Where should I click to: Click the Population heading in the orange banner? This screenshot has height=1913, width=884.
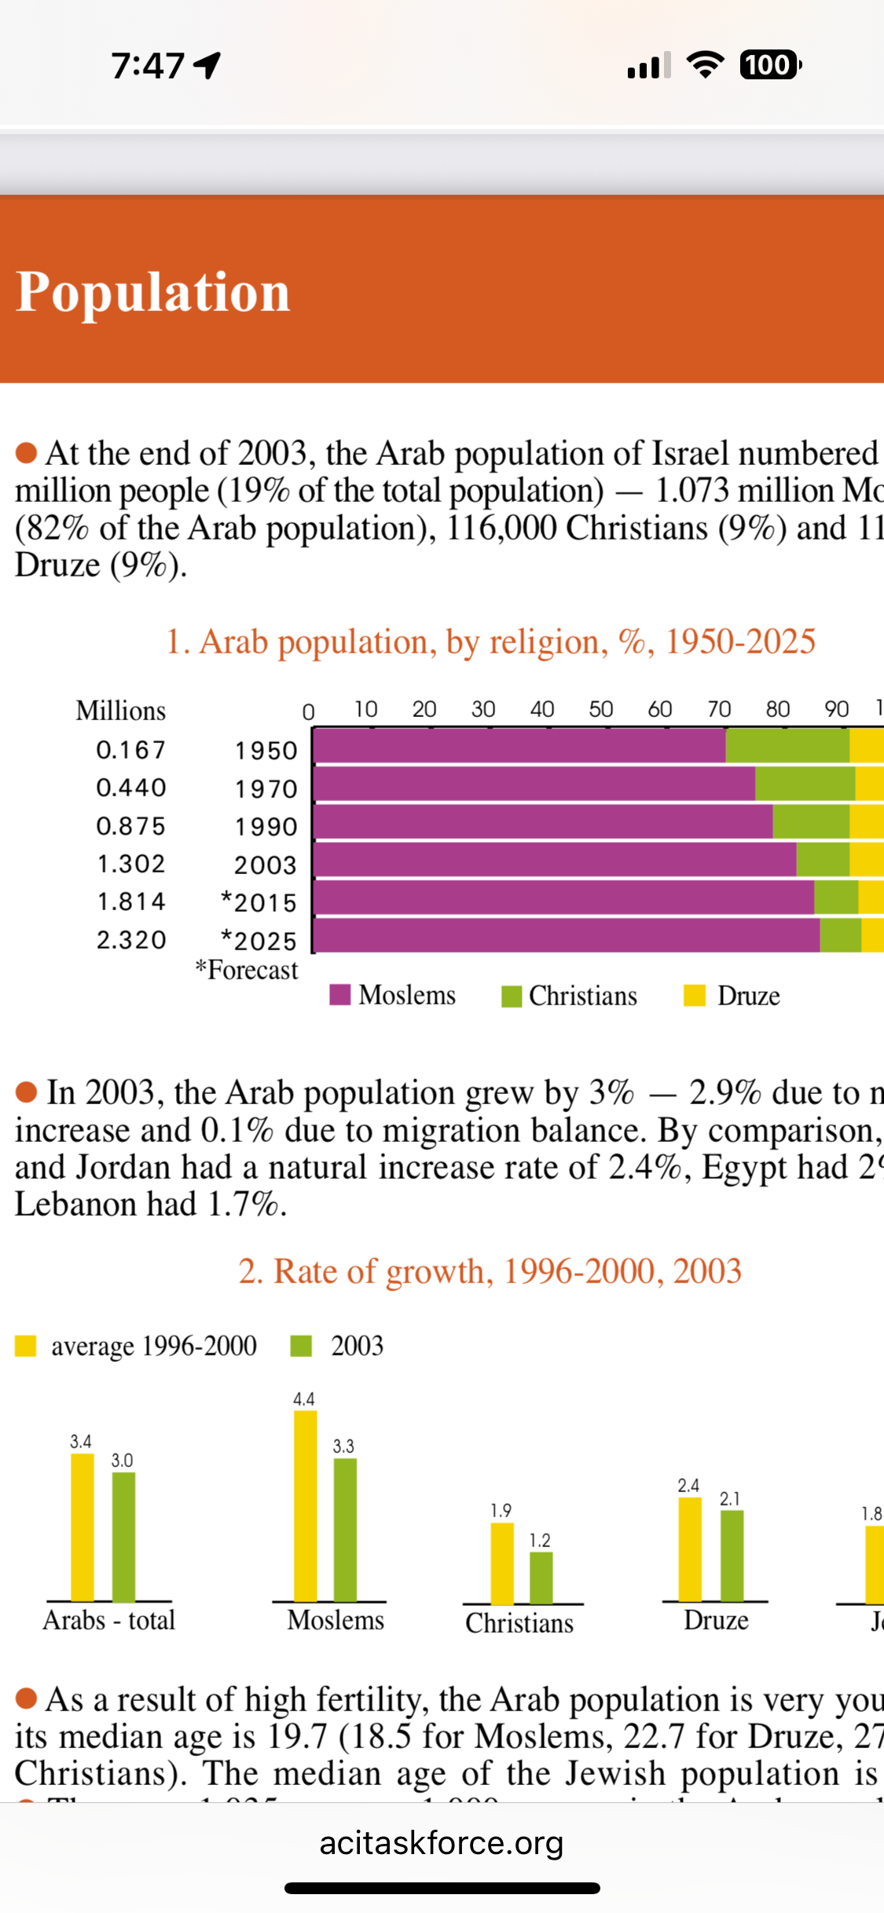click(x=153, y=292)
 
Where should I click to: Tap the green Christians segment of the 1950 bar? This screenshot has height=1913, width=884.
click(x=787, y=745)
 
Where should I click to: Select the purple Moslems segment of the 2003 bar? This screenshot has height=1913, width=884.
click(x=555, y=859)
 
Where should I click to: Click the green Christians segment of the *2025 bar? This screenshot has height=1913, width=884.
click(x=840, y=935)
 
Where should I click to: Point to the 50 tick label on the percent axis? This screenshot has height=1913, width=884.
click(x=601, y=709)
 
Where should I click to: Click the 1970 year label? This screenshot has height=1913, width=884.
click(x=266, y=788)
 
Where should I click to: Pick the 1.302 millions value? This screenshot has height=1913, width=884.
click(x=131, y=864)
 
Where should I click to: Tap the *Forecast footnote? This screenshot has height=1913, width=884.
click(x=247, y=970)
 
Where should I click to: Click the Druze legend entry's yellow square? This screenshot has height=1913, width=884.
click(x=695, y=995)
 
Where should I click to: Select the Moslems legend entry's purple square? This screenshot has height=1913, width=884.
click(x=340, y=994)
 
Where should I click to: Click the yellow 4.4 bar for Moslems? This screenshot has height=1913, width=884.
click(x=305, y=1505)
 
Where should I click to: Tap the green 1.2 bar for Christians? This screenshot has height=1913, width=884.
click(x=541, y=1578)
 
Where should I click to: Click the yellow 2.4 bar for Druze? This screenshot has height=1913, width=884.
click(x=690, y=1549)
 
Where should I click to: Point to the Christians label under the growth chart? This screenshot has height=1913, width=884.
click(x=519, y=1623)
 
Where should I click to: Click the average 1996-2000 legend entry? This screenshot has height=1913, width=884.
click(x=138, y=1346)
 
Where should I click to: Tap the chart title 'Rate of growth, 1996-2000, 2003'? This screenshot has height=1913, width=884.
click(x=490, y=1271)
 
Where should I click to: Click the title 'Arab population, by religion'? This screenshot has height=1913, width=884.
click(x=490, y=642)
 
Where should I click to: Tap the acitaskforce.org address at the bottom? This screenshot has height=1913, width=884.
click(x=442, y=1843)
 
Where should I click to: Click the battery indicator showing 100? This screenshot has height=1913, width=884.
click(x=769, y=65)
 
